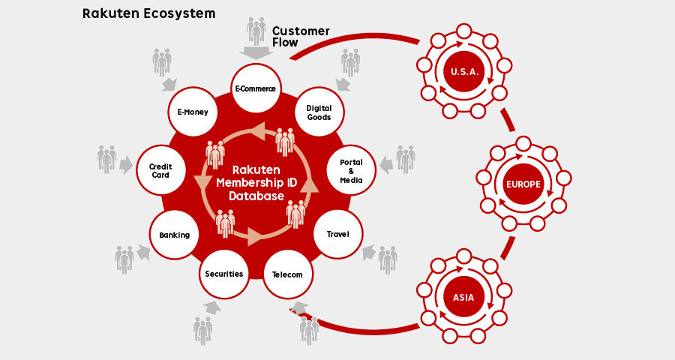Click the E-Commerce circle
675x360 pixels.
click(x=256, y=88)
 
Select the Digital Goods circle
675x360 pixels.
click(x=319, y=112)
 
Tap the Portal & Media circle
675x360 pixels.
click(x=351, y=171)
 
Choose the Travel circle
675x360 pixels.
click(x=337, y=234)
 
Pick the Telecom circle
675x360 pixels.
click(x=288, y=274)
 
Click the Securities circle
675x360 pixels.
click(x=224, y=273)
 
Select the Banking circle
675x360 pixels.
click(x=174, y=235)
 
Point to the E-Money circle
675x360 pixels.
click(x=193, y=112)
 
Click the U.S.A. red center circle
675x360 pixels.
click(x=460, y=72)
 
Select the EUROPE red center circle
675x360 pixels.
click(x=523, y=184)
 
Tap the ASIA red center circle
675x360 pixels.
click(x=463, y=297)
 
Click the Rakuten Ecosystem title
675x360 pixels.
click(x=148, y=13)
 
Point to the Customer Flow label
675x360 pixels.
click(x=300, y=37)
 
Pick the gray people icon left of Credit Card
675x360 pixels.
click(x=106, y=159)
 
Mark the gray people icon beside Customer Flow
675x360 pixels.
click(x=256, y=31)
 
